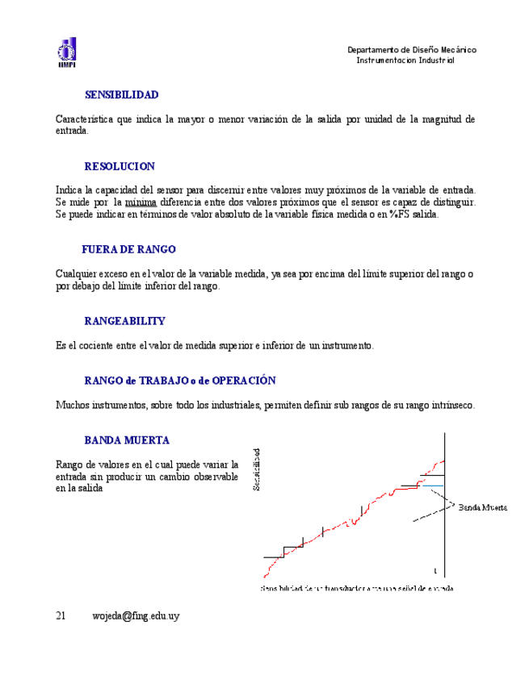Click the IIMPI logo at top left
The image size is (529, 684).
pyautogui.click(x=66, y=52)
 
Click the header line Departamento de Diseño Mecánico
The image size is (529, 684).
pyautogui.click(x=411, y=50)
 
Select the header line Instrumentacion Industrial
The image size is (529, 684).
pyautogui.click(x=405, y=60)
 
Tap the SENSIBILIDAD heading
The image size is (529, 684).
pyautogui.click(x=121, y=95)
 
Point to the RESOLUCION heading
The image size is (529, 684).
pyautogui.click(x=120, y=167)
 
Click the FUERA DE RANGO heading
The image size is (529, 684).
pyautogui.click(x=128, y=250)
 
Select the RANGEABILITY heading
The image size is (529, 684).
pyautogui.click(x=124, y=321)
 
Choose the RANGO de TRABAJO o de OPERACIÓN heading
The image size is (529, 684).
pyautogui.click(x=180, y=381)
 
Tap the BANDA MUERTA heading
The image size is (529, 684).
pyautogui.click(x=126, y=440)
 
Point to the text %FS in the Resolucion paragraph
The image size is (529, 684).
pyautogui.click(x=398, y=215)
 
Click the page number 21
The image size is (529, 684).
pyautogui.click(x=61, y=616)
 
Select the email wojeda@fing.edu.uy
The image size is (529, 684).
pyautogui.click(x=136, y=616)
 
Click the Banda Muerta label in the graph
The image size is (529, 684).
pyautogui.click(x=483, y=508)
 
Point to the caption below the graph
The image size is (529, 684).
pyautogui.click(x=356, y=589)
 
